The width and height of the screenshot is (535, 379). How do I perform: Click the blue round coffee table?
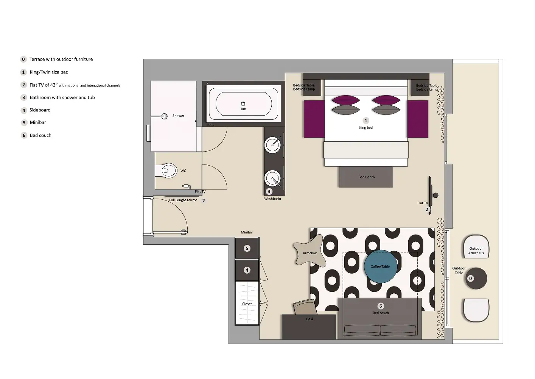(380, 266)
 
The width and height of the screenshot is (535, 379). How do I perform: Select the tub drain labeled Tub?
(243, 104)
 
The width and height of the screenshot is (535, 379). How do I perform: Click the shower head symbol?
(164, 116)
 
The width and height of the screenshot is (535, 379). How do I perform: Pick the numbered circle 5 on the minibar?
(247, 249)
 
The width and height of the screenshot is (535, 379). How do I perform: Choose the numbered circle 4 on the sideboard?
(247, 270)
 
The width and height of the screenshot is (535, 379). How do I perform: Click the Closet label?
(247, 304)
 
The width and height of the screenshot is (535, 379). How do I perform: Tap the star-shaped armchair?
(309, 251)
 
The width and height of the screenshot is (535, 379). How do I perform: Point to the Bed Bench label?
(366, 177)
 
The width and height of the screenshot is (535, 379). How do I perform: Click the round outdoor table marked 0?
(476, 279)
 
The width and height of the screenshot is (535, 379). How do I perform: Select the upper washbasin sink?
(272, 145)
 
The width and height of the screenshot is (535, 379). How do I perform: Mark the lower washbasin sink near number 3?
(272, 178)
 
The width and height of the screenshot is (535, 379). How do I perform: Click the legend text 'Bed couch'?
(40, 135)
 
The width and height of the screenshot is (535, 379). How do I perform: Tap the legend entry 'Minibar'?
(38, 122)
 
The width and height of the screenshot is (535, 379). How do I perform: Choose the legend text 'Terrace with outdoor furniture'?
(61, 60)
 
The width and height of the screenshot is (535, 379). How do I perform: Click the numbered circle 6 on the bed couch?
(381, 306)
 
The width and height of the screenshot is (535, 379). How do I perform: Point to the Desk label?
(309, 319)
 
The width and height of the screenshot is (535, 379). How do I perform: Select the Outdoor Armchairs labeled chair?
(476, 248)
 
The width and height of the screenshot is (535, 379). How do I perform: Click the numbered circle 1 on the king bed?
(365, 121)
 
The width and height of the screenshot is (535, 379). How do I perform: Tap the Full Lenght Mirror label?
(183, 200)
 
